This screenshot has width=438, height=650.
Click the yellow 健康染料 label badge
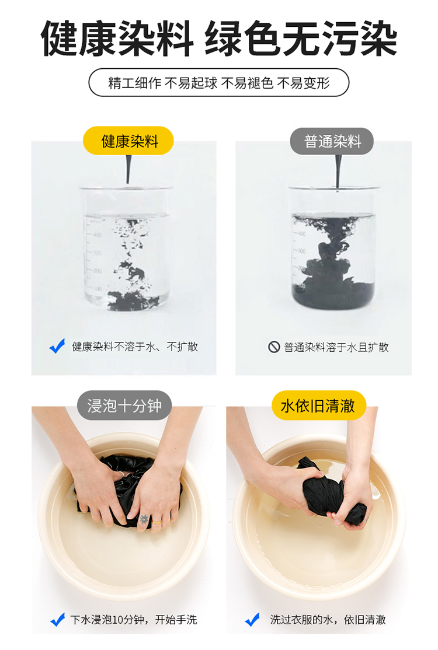pyautogui.click(x=128, y=141)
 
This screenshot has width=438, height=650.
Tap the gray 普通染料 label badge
pyautogui.click(x=332, y=141)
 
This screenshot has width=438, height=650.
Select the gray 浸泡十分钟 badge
pyautogui.click(x=124, y=406)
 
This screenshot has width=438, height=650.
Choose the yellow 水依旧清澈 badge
pyautogui.click(x=318, y=406)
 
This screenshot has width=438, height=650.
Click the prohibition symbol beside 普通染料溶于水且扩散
pyautogui.click(x=274, y=347)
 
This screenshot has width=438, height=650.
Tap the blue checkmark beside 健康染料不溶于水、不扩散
pyautogui.click(x=57, y=346)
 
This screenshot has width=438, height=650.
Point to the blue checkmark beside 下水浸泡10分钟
pyautogui.click(x=57, y=619)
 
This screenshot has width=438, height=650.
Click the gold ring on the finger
pyautogui.click(x=157, y=522)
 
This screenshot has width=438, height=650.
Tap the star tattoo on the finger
pyautogui.click(x=144, y=519)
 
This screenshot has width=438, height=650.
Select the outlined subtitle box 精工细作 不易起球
pyautogui.click(x=219, y=82)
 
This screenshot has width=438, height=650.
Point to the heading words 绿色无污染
pyautogui.click(x=301, y=39)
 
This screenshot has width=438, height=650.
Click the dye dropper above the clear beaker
pyautogui.click(x=128, y=170)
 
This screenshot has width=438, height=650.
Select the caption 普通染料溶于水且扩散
pyautogui.click(x=336, y=347)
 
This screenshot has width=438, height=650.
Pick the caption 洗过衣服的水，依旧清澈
pyautogui.click(x=328, y=620)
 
